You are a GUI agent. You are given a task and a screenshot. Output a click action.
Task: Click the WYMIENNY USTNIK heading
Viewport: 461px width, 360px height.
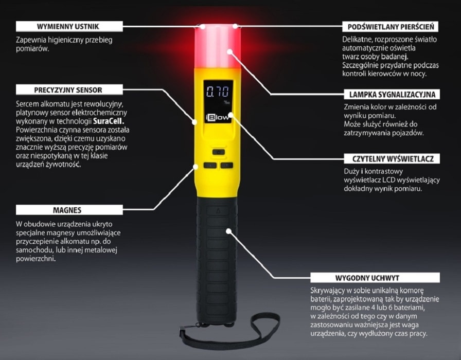(68, 26)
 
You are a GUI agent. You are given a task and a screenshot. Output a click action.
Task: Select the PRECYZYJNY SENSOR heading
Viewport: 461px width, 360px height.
(68, 89)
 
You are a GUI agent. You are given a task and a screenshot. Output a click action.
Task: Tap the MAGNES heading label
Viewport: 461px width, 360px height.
(67, 210)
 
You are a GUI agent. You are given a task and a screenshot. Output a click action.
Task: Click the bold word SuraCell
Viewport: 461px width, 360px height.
(111, 121)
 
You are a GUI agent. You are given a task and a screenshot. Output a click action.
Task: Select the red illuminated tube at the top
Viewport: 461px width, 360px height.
(217, 46)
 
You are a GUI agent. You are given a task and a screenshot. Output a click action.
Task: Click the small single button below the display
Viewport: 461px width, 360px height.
(219, 152)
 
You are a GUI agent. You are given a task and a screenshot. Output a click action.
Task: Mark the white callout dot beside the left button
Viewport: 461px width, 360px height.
(196, 166)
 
